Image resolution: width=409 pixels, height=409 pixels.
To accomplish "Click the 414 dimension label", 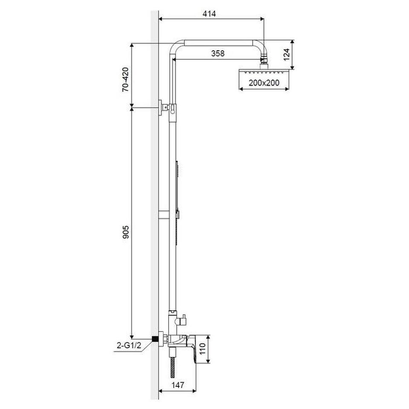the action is pos(209,14).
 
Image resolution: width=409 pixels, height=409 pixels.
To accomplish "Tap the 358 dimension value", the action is pos(218,53).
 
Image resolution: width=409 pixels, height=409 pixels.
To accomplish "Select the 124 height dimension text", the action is pos(286,54).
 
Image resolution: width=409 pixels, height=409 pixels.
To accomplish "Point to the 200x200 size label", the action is pos(264,83).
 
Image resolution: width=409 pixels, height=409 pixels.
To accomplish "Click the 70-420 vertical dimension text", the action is pos(125,79).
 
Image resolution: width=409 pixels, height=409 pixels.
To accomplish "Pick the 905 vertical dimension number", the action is pos(125,232).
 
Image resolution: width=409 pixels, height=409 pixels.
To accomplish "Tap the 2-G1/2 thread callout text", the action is pos(129,346).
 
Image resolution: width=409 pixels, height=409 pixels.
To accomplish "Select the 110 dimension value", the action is pos(202,349).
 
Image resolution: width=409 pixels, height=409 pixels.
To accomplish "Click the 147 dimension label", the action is pos(178,385).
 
